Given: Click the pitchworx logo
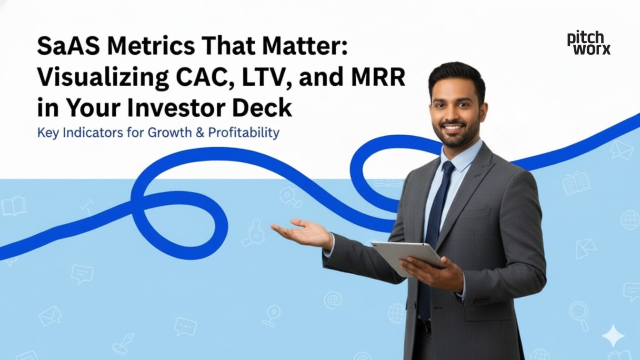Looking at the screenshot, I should tap(589, 43).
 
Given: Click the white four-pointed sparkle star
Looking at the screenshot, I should tap(613, 336).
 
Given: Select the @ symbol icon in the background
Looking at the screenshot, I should tap(332, 300).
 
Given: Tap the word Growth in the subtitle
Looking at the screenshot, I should tap(169, 132).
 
